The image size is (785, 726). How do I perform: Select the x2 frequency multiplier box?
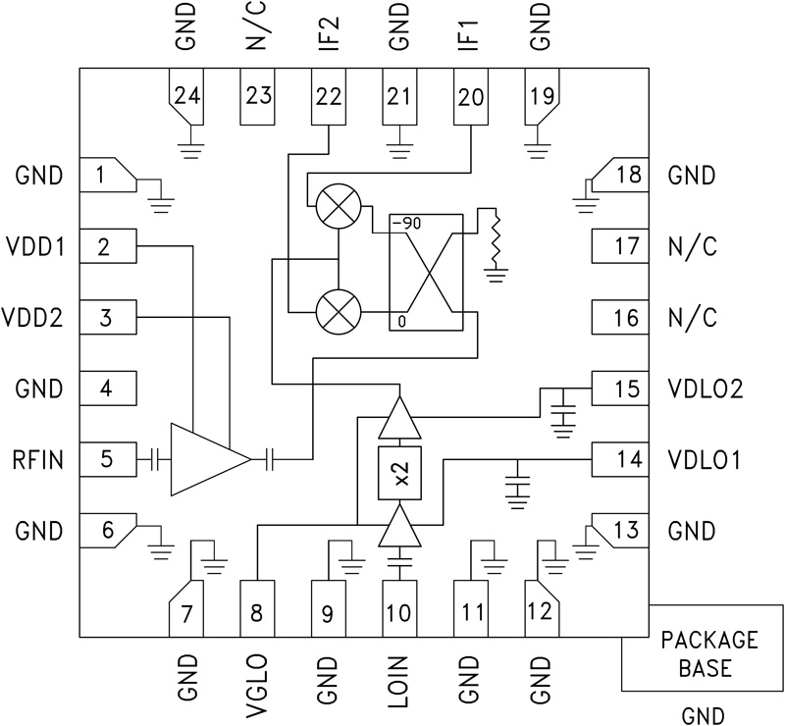(399, 474)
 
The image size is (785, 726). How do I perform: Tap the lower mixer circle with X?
(337, 315)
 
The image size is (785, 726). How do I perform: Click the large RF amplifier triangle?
(205, 458)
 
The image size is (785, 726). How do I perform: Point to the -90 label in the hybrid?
(406, 224)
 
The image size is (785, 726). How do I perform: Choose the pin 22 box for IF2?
(329, 97)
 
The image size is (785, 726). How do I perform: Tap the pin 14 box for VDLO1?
(619, 458)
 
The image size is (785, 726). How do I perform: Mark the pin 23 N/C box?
(258, 97)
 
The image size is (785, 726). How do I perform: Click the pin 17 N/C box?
(619, 246)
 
